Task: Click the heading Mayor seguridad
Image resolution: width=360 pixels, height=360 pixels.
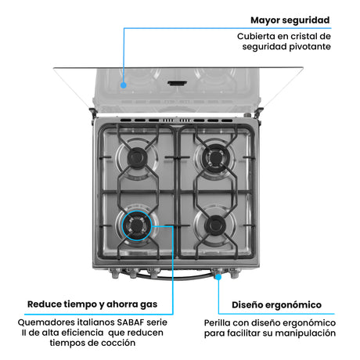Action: [290, 20]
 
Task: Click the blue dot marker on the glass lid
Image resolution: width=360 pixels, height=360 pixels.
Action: [123, 80]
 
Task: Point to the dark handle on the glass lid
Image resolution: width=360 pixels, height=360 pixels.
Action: [178, 80]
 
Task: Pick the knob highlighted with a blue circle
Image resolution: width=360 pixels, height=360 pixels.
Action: [218, 275]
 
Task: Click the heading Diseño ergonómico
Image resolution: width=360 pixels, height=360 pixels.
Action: [276, 304]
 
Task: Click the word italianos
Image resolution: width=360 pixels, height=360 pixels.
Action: [93, 322]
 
